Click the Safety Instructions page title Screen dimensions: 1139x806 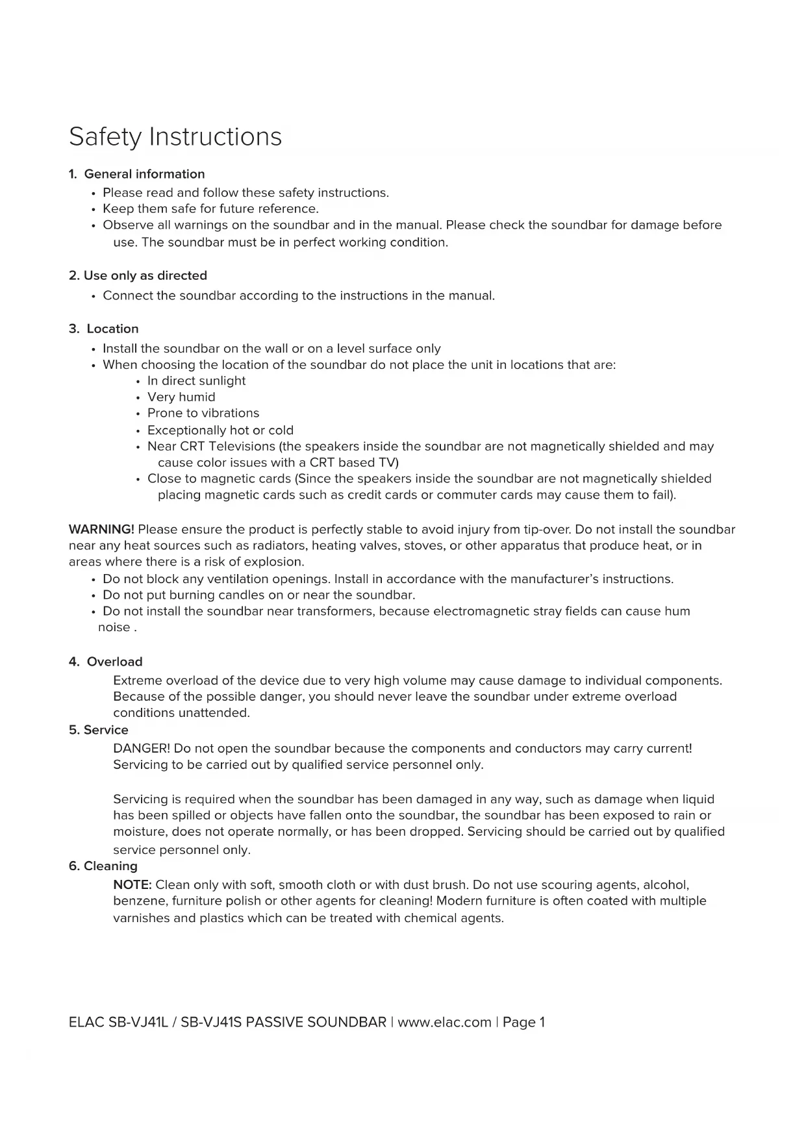tap(175, 137)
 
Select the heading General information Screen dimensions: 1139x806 tap(144, 174)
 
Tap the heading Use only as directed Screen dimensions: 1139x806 tap(145, 275)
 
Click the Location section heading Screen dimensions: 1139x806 tap(112, 329)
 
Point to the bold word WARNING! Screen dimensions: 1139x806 tap(101, 529)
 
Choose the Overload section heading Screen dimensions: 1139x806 tap(114, 662)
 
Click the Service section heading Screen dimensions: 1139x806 tap(106, 730)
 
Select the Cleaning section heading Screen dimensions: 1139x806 tap(110, 866)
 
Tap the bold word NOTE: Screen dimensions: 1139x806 tap(132, 884)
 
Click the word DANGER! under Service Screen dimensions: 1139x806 tap(142, 748)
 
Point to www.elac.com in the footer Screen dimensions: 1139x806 tap(444, 1022)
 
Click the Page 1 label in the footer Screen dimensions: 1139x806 tap(523, 1022)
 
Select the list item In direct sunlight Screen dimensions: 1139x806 tap(196, 381)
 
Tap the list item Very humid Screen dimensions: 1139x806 tap(181, 397)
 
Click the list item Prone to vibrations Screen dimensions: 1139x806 tap(203, 413)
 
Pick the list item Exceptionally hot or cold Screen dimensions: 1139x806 tap(220, 430)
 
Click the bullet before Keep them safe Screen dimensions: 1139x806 tap(94, 210)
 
